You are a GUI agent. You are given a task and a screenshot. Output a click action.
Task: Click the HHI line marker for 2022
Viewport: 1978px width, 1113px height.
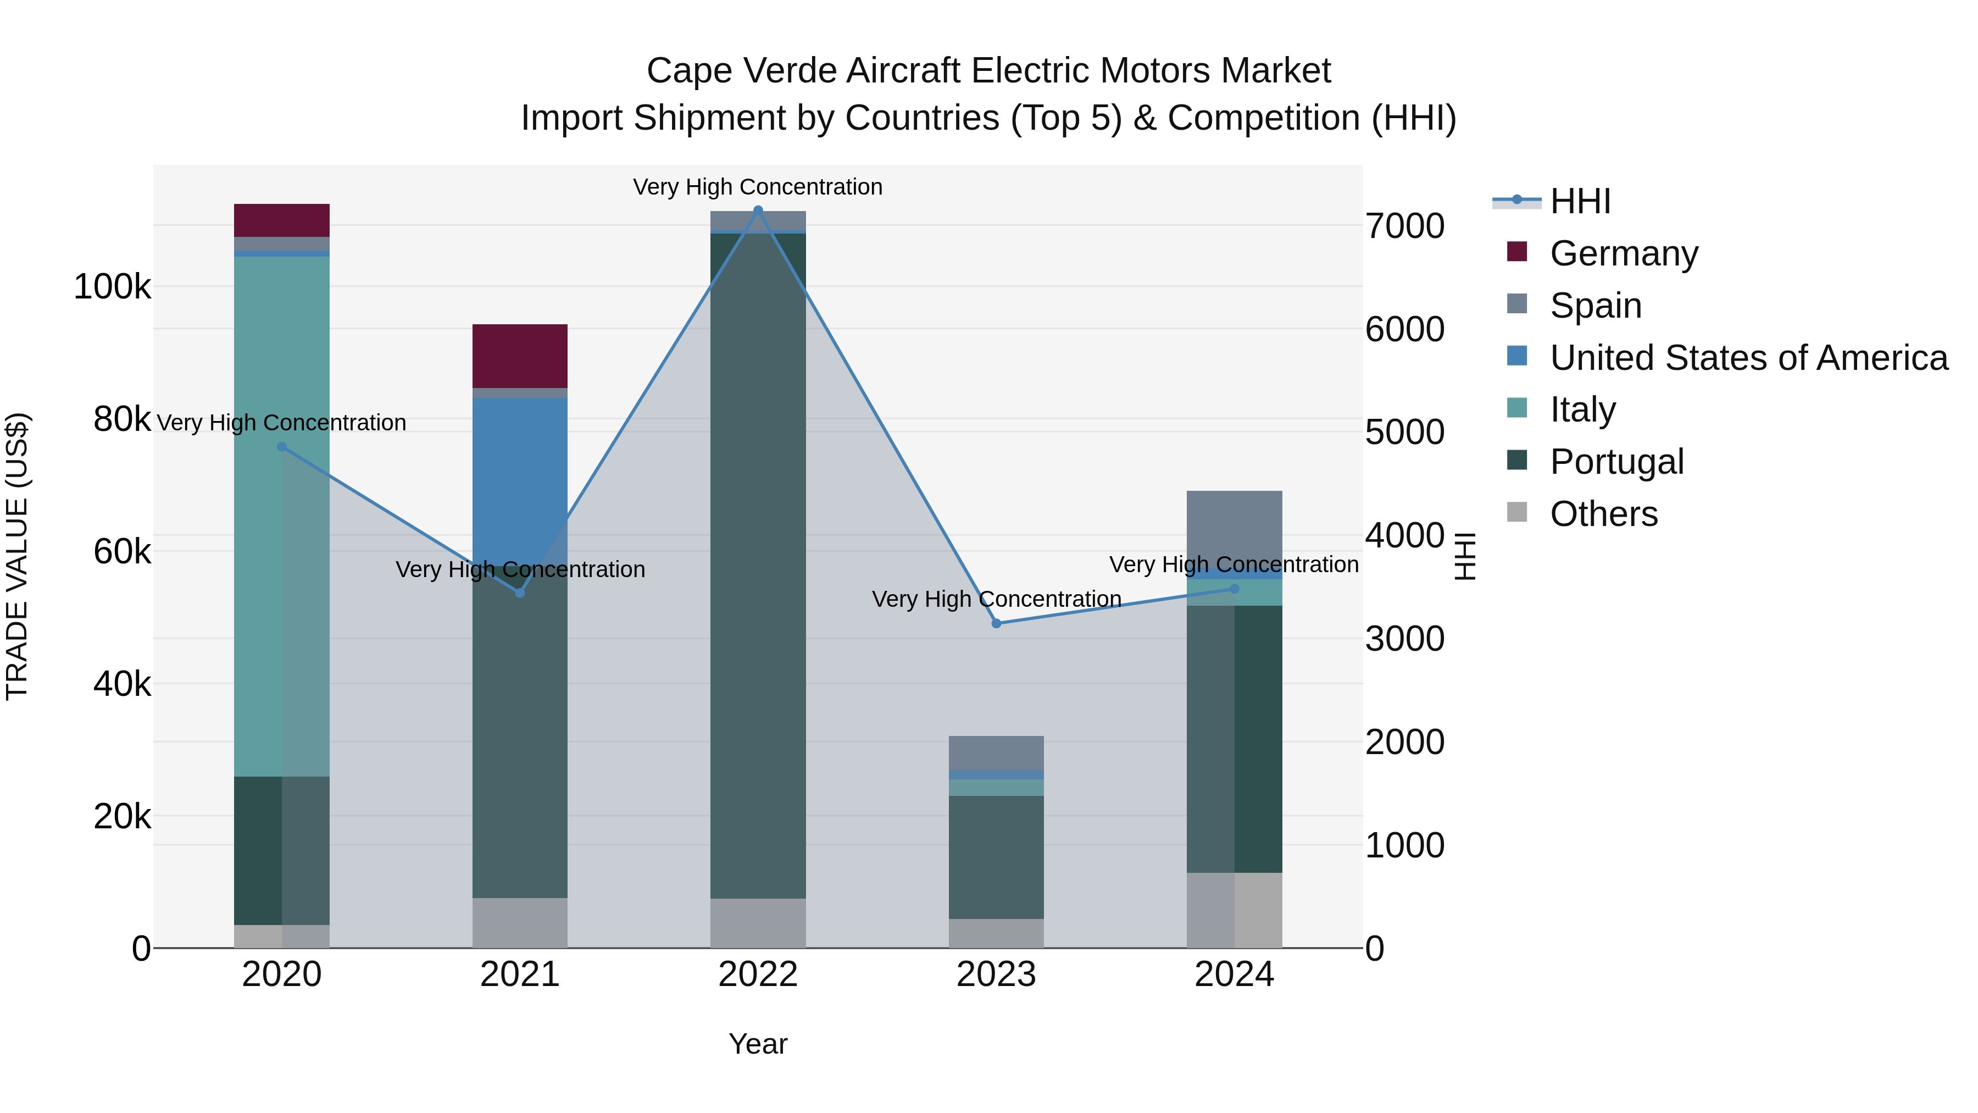tap(758, 211)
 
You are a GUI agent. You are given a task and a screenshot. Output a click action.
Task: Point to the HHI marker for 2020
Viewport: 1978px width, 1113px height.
tap(282, 447)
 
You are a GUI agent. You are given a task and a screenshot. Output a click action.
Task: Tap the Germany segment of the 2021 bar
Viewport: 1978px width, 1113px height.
tap(520, 356)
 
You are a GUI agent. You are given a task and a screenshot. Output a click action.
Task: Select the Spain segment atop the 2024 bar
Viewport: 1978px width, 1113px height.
tap(1234, 528)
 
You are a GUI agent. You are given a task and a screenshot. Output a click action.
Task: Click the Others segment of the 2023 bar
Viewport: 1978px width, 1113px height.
tap(996, 933)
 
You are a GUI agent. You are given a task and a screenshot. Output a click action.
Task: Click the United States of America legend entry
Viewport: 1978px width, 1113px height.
tap(1748, 358)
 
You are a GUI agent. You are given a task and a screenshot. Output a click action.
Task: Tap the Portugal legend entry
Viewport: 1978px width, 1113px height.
tap(1616, 462)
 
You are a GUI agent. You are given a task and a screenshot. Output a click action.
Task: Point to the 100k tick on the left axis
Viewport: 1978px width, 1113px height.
tap(112, 287)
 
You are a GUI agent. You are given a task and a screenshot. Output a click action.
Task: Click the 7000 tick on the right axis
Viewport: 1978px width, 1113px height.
tap(1404, 226)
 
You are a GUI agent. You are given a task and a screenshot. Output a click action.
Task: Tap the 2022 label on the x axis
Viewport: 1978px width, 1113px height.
tap(758, 974)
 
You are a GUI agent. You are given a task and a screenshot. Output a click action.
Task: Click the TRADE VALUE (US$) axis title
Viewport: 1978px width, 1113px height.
tap(17, 556)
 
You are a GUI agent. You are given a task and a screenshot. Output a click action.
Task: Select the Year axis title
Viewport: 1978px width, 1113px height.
tap(758, 1044)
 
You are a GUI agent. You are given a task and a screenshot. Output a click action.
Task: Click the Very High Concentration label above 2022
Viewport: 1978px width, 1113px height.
tap(758, 187)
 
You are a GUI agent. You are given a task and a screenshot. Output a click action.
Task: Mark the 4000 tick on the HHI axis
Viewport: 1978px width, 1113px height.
tap(1404, 536)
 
